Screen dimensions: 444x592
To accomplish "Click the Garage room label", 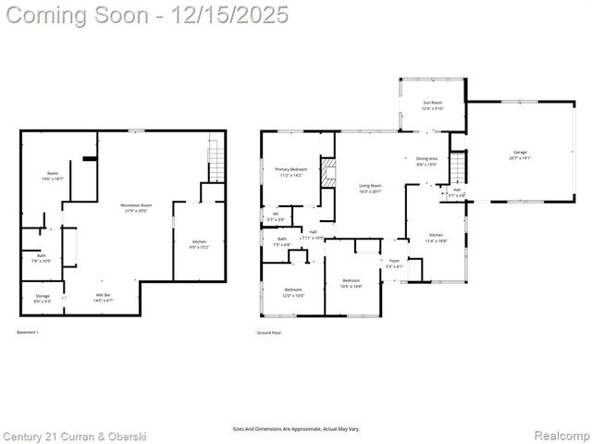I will tap(519, 154).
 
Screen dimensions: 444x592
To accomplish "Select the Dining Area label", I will tap(426, 161).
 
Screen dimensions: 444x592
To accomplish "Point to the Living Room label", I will tap(370, 188).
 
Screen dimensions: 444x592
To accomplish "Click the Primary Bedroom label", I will tap(290, 172).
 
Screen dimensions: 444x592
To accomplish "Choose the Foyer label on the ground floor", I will tap(394, 264).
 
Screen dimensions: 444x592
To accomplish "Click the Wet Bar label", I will tap(104, 298).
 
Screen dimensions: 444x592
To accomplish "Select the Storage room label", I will tap(43, 298).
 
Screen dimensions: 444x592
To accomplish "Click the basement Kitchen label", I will tap(199, 244).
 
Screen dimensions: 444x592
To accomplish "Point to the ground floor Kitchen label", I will tap(435, 238).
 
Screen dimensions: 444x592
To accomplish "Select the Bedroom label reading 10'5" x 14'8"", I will tap(351, 283).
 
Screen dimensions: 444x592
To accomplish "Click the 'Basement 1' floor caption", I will tap(28, 331).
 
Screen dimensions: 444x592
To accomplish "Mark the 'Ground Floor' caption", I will tap(269, 331).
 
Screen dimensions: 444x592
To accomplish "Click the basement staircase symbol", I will tap(216, 162).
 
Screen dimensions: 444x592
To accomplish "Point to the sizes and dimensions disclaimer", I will tap(296, 429).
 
